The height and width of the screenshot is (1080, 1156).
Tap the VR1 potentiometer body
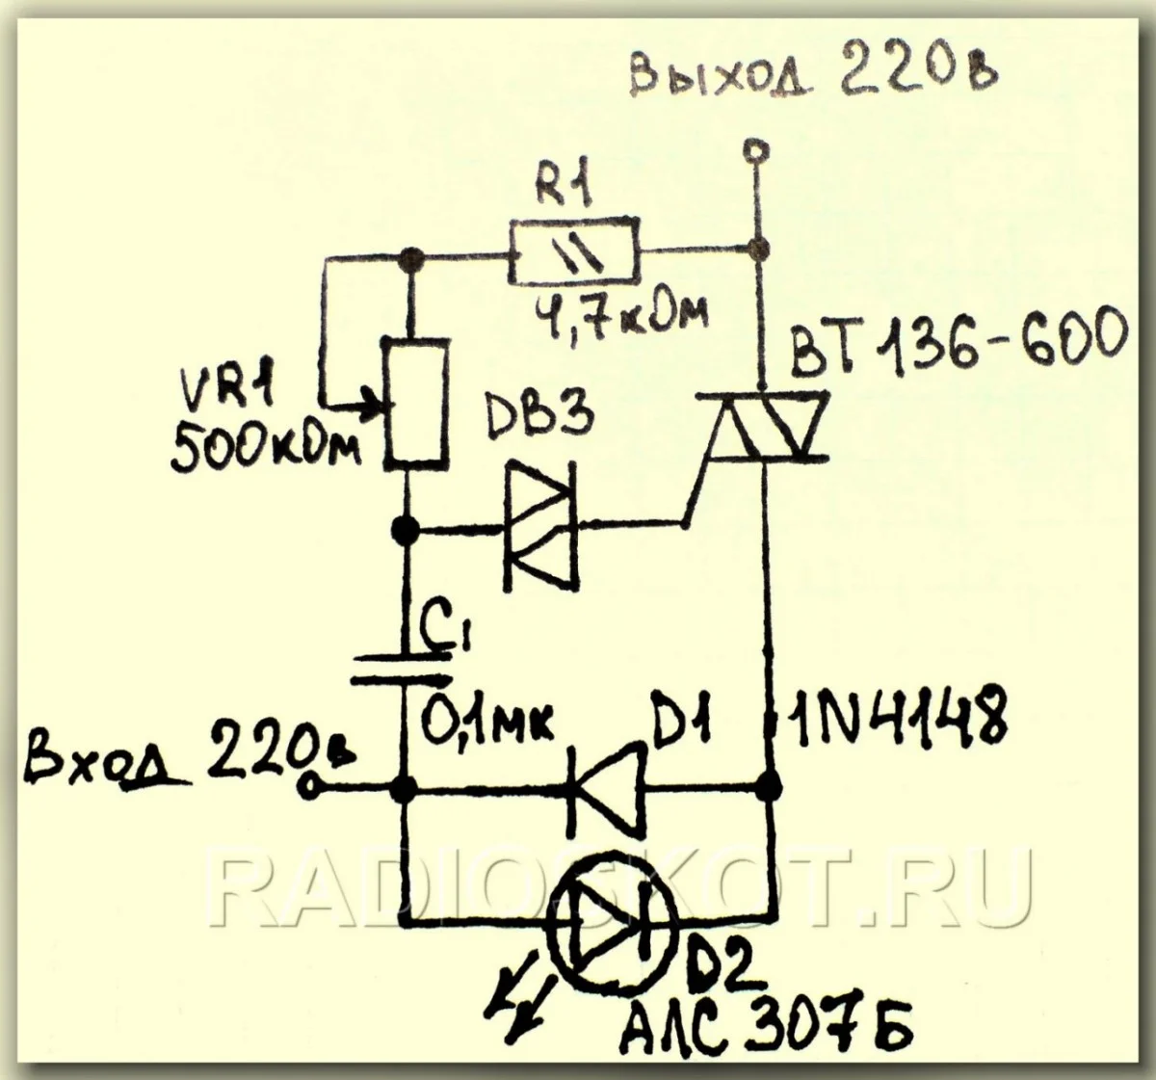point(416,404)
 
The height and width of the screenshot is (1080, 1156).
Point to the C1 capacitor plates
point(402,669)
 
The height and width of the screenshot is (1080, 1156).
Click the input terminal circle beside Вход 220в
point(309,788)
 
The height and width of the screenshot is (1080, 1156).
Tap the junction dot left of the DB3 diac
point(406,529)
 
